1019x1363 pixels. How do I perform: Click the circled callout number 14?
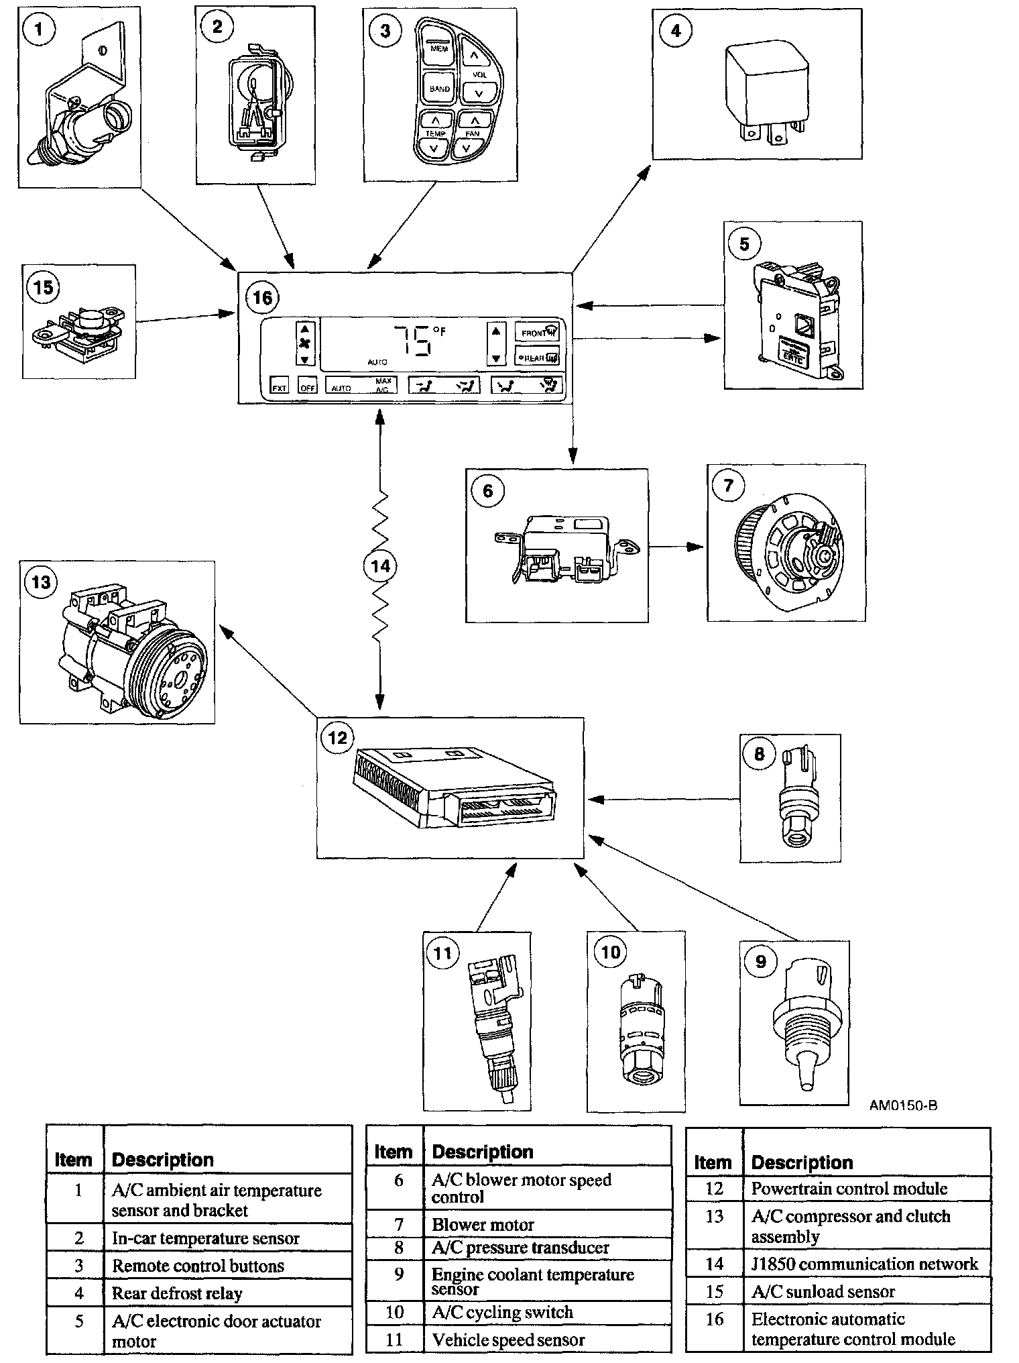(380, 566)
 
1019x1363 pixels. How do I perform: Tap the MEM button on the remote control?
(439, 48)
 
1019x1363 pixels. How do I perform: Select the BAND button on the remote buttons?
(440, 88)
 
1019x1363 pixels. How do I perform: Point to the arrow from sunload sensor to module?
(185, 317)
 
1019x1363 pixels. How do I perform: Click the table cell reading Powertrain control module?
(849, 1189)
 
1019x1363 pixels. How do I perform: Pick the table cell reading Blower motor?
(483, 1224)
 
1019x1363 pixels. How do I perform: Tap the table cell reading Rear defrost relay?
(177, 1293)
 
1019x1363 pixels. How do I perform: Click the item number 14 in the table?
(715, 1264)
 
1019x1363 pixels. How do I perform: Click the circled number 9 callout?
(760, 962)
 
